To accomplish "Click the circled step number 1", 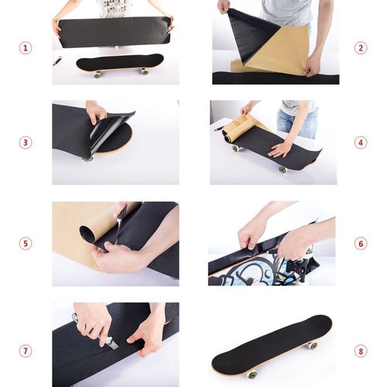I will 26,48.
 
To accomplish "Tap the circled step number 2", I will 361,48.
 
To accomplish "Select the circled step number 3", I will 26,142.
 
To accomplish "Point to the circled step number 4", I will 361,142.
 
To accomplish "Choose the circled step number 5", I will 26,243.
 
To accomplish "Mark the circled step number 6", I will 361,243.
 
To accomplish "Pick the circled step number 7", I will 26,351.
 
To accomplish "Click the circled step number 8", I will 361,351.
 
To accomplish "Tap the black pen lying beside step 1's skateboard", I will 58,60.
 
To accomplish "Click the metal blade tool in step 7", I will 111,342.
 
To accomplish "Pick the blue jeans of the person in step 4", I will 297,122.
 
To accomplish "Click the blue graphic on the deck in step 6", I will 248,271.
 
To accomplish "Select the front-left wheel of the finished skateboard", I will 252,375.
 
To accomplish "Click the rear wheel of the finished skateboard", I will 313,345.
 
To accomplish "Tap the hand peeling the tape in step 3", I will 97,112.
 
